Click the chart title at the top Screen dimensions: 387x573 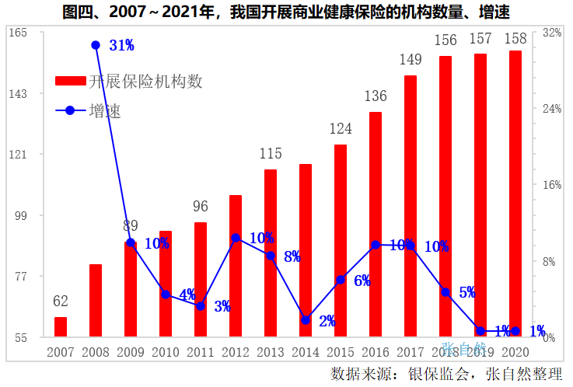pyautogui.click(x=286, y=11)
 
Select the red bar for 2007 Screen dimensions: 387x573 pyautogui.click(x=61, y=326)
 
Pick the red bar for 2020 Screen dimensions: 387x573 pyautogui.click(x=515, y=194)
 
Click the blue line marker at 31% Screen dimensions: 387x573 pyautogui.click(x=96, y=45)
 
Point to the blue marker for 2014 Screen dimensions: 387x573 pyautogui.click(x=306, y=320)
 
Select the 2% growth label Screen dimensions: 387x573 pyautogui.click(x=327, y=320)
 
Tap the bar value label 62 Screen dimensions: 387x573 pyautogui.click(x=61, y=302)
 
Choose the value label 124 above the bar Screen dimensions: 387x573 pyautogui.click(x=341, y=129)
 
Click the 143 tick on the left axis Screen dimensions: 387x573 pyautogui.click(x=17, y=93)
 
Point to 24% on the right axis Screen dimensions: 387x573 pyautogui.click(x=552, y=109)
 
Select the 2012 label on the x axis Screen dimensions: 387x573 pyautogui.click(x=236, y=352)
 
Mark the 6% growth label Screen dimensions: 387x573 pyautogui.click(x=362, y=281)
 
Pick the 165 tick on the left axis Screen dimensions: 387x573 pyautogui.click(x=17, y=33)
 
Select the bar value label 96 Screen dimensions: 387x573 pyautogui.click(x=201, y=207)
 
